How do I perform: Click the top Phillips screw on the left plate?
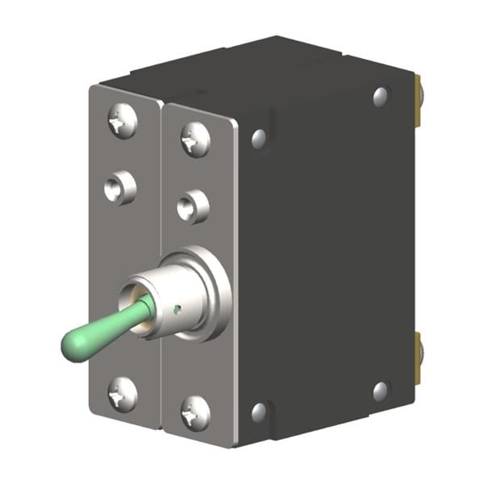coord(122,121)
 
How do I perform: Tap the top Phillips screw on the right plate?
coord(195,139)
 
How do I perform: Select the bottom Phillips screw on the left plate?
coord(123,394)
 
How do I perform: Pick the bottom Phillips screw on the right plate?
coord(195,414)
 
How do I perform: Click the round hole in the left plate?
coord(119,189)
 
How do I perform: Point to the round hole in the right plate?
coord(193,207)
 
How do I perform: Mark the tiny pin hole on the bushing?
coord(178,307)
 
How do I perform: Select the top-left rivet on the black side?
coord(259,139)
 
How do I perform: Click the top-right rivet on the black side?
coord(381,98)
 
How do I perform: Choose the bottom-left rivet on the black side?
coord(259,412)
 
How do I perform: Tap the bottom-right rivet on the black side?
coord(381,391)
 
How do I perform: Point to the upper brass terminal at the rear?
coord(419,100)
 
